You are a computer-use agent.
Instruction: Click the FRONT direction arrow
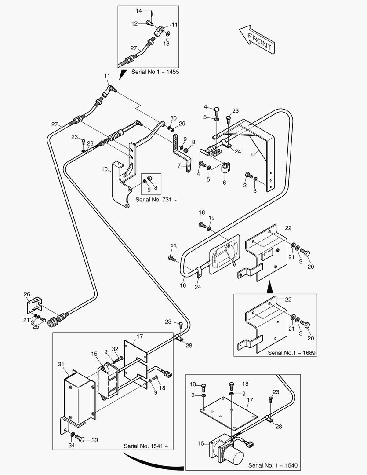point(257,39)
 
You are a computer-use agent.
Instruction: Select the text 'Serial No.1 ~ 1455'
point(155,72)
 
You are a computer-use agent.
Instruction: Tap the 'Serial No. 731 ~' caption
point(156,200)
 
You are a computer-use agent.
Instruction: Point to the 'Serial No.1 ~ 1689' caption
point(291,353)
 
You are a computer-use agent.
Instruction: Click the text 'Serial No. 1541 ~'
point(146,446)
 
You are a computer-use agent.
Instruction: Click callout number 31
point(61,364)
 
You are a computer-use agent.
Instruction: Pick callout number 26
point(27,294)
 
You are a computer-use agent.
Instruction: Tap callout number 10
point(105,169)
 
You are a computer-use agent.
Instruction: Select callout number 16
point(183,285)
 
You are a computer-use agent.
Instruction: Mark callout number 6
point(224,183)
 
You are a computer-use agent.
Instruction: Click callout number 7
point(179,166)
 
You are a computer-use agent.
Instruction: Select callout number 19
point(212,218)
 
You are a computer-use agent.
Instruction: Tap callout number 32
point(115,348)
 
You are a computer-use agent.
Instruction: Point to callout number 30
point(173,118)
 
